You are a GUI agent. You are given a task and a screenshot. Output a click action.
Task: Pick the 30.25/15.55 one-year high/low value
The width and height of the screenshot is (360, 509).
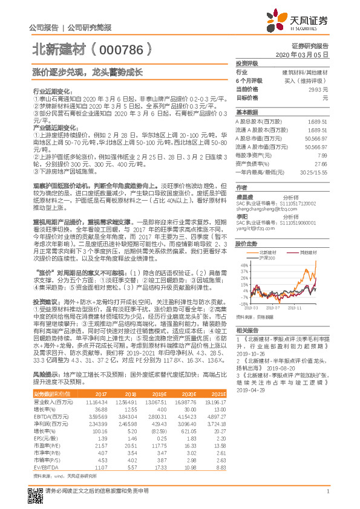(x=314, y=172)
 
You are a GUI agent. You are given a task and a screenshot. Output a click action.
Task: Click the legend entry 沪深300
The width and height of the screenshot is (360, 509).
(x=272, y=259)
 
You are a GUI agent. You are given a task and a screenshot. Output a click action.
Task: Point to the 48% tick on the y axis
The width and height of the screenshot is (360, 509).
(x=242, y=265)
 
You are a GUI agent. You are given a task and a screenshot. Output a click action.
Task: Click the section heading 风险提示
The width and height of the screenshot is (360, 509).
(x=45, y=375)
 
